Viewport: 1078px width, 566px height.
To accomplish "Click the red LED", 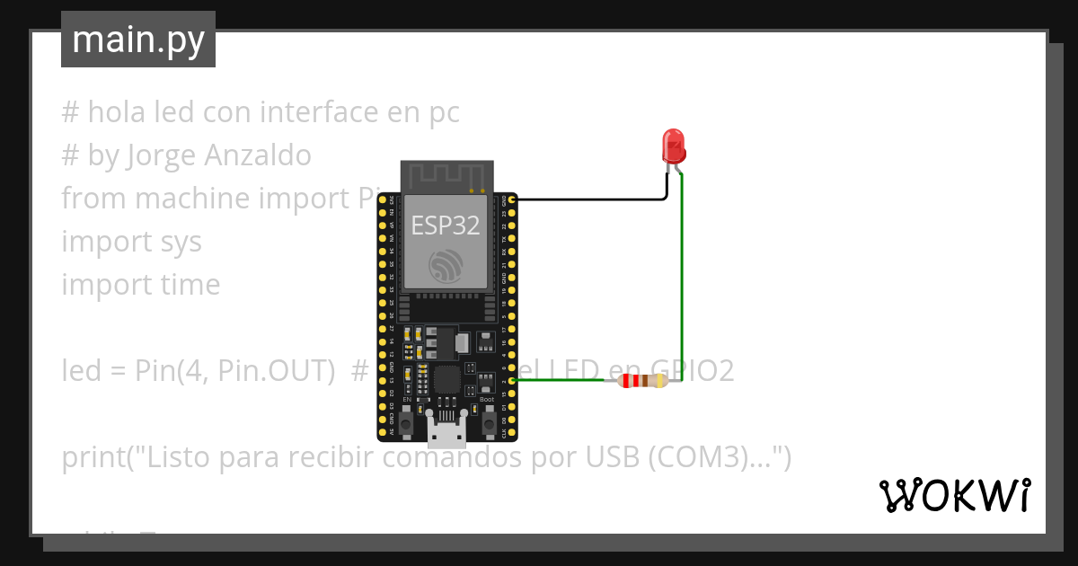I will pyautogui.click(x=673, y=145).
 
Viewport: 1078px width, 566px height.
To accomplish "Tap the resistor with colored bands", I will pyautogui.click(x=642, y=381).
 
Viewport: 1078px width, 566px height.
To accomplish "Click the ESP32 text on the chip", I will pyautogui.click(x=446, y=225).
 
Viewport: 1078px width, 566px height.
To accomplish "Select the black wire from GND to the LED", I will pyautogui.click(x=593, y=199).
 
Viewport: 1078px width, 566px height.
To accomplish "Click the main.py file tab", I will pyautogui.click(x=138, y=40).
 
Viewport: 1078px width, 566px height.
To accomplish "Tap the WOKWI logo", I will pyautogui.click(x=954, y=495).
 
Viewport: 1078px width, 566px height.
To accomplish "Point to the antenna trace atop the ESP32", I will pyautogui.click(x=446, y=176).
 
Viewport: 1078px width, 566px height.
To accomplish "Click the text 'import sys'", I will pyautogui.click(x=131, y=242).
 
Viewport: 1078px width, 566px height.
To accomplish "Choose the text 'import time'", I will pyautogui.click(x=140, y=285).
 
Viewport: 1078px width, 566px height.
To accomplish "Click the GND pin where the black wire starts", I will pyautogui.click(x=511, y=199).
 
